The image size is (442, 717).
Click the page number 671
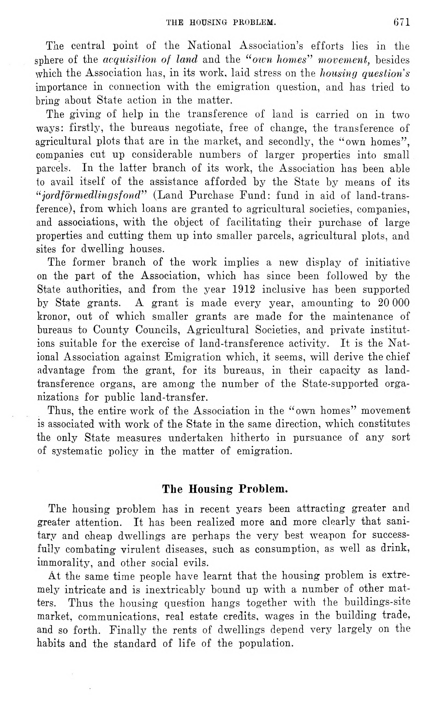[x=402, y=22]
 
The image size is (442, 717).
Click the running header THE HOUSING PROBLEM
[x=221, y=22]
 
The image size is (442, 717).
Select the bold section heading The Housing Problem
[x=225, y=489]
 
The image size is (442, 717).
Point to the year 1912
[x=244, y=289]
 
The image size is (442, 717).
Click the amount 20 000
[x=394, y=303]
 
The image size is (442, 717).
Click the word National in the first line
[x=209, y=46]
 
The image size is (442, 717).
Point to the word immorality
[x=64, y=563]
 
